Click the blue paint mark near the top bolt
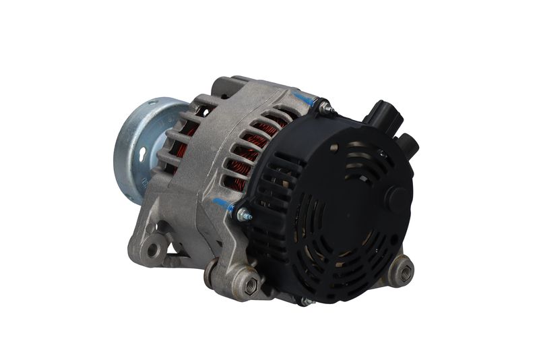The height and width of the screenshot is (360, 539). (x=306, y=100)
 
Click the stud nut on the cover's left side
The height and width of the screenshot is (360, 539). (x=243, y=215)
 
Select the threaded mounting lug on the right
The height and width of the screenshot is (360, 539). (x=404, y=272)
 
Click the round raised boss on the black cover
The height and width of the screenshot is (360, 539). (x=398, y=199)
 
